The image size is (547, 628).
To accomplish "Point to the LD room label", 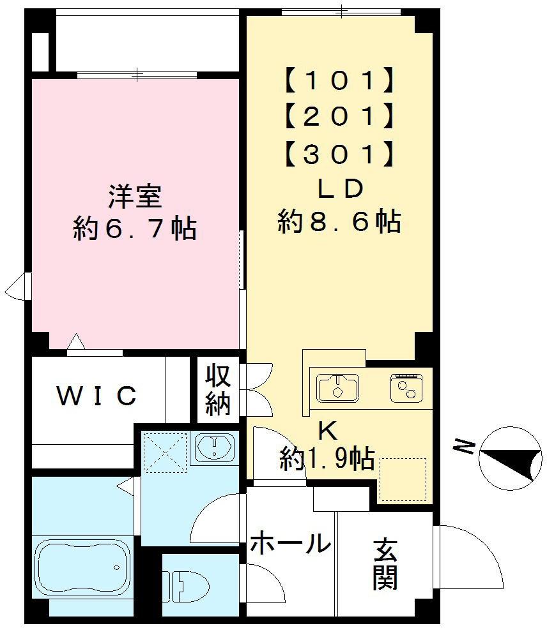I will click(339, 188).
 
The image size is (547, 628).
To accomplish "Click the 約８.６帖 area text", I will click(339, 222).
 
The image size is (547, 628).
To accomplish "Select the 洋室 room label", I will click(134, 196).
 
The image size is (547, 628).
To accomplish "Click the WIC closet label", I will click(97, 396).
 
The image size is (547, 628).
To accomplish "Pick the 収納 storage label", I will click(217, 391).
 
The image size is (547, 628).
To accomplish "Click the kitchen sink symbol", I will click(337, 388).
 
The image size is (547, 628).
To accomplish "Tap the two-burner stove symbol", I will click(406, 387).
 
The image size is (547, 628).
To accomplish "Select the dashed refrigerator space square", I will click(403, 479).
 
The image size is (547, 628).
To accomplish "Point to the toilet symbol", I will click(187, 583).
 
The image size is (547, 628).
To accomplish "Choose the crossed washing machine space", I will click(164, 453).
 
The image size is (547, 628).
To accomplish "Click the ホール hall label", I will click(290, 544).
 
